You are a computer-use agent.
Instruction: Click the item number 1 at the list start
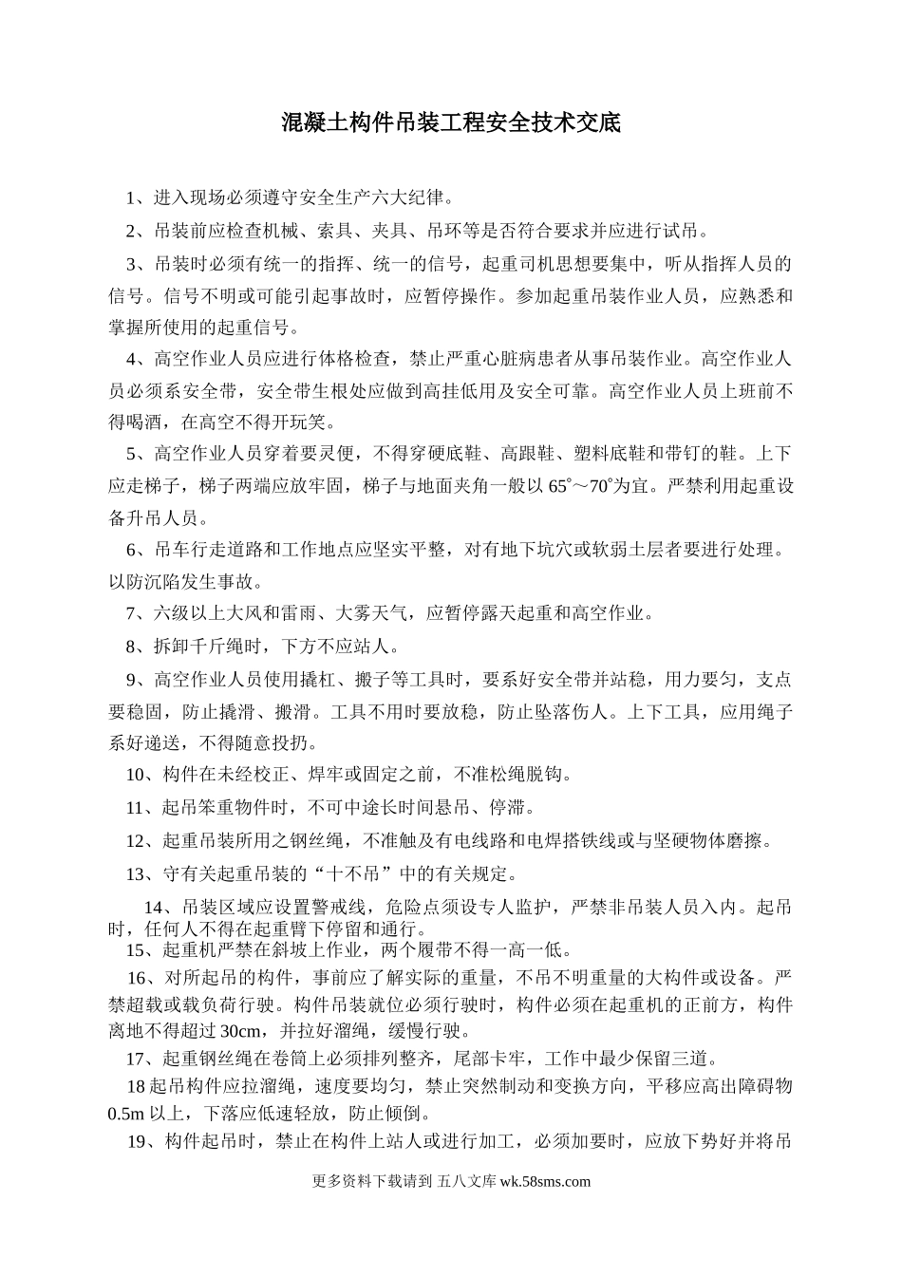(132, 198)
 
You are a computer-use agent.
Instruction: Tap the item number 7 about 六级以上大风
(132, 613)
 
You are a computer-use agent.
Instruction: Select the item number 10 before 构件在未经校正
(136, 774)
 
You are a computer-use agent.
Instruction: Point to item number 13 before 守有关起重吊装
(136, 873)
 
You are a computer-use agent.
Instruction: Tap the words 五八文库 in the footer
(466, 1181)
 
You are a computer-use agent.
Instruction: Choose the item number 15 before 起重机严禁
(136, 949)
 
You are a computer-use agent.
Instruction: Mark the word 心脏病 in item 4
(507, 359)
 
